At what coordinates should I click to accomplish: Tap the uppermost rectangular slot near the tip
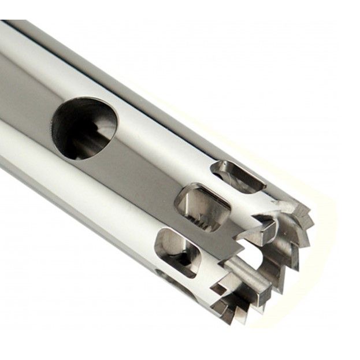tap(237, 176)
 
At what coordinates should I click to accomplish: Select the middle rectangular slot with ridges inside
tap(202, 206)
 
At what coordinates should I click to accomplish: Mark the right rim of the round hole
tap(114, 124)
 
